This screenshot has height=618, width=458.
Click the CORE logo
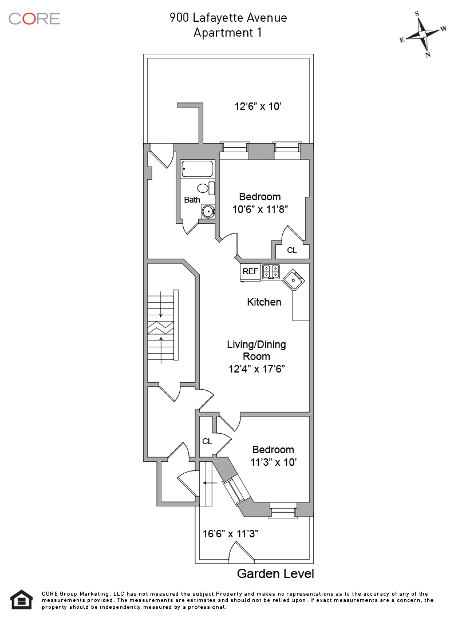click(x=34, y=18)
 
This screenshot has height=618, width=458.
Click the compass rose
click(x=423, y=34)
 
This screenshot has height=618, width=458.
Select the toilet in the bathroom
click(x=204, y=188)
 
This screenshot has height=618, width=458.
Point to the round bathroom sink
click(x=208, y=212)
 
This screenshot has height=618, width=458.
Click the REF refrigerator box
click(x=250, y=272)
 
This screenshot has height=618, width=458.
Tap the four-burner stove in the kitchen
click(x=271, y=272)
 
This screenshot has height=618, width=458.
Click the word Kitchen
click(x=264, y=302)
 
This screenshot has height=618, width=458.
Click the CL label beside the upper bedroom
click(x=292, y=250)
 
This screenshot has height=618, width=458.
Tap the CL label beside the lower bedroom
click(x=207, y=441)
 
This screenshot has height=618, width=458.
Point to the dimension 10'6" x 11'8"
click(x=259, y=209)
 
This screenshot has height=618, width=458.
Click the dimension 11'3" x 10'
click(x=274, y=462)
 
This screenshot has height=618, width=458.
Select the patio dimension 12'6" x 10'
click(x=258, y=106)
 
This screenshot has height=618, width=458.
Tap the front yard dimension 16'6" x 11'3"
click(x=231, y=534)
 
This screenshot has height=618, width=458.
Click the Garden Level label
click(x=275, y=573)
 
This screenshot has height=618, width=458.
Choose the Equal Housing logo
click(x=21, y=599)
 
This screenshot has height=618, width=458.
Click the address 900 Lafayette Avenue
click(x=228, y=18)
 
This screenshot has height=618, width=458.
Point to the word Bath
click(x=192, y=200)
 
